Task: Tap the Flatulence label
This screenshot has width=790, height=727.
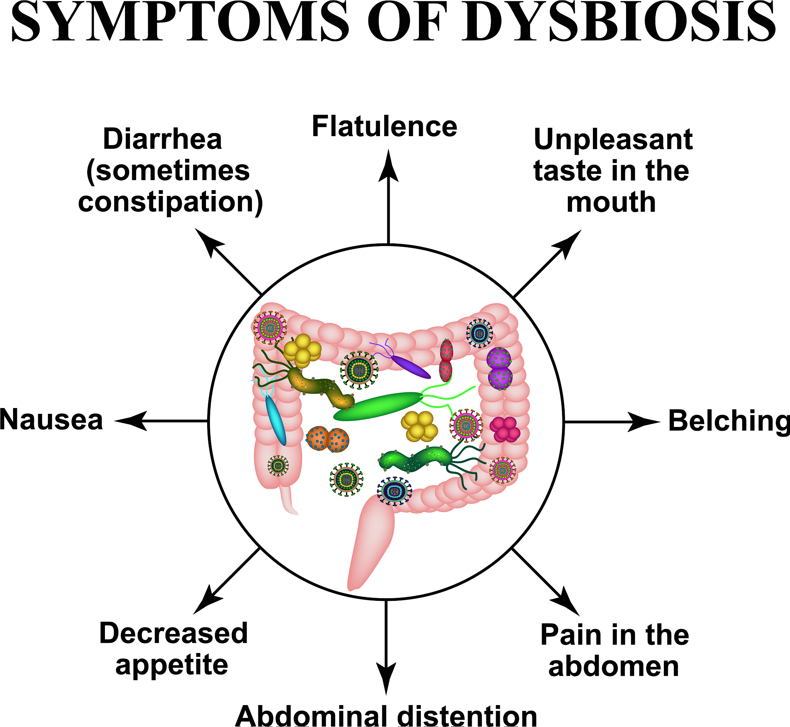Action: (x=384, y=127)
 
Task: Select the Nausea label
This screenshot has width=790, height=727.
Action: (x=51, y=420)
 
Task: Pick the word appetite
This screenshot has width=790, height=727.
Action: (x=172, y=665)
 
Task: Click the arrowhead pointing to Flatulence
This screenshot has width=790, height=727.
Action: (x=388, y=167)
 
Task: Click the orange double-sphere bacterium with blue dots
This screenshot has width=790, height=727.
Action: (x=327, y=439)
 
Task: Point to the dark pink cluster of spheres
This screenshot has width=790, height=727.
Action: (x=505, y=429)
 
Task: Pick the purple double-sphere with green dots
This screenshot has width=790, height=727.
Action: (x=499, y=368)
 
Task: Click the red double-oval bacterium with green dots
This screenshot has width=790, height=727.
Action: (x=446, y=360)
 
